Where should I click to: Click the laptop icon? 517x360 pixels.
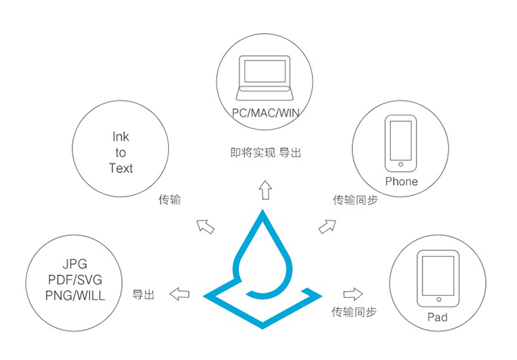click(265, 78)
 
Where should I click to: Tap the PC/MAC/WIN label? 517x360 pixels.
click(266, 113)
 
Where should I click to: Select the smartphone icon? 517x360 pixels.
click(401, 143)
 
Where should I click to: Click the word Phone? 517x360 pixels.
click(401, 181)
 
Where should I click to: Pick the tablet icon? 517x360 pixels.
click(438, 279)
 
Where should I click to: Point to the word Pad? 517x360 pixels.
click(438, 317)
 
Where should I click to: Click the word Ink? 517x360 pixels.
click(121, 137)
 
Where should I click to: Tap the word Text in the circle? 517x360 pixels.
click(121, 168)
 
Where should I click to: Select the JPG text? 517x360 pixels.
click(75, 264)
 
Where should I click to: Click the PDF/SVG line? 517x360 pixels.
click(75, 280)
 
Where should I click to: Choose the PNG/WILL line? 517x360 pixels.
click(75, 295)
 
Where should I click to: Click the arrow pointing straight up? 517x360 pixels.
click(265, 190)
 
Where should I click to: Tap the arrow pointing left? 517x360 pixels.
click(179, 294)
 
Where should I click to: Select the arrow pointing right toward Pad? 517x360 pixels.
click(353, 294)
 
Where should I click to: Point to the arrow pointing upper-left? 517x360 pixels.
click(205, 227)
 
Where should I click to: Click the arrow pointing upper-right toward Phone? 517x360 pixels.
click(327, 226)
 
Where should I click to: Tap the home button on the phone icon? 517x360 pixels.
click(401, 164)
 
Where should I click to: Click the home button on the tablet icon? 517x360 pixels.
click(438, 299)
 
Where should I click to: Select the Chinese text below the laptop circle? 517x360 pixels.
click(266, 153)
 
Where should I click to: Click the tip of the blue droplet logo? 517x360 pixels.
click(263, 210)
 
